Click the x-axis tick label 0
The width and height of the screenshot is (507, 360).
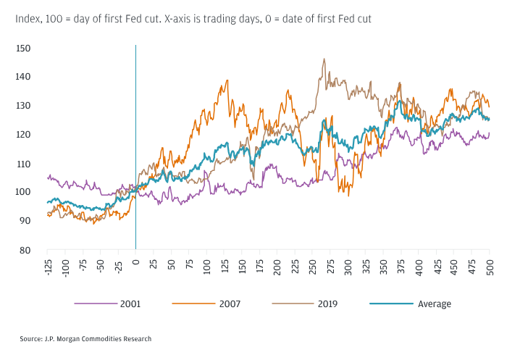pyautogui.click(x=135, y=258)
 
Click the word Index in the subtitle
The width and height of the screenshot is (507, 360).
pyautogui.click(x=28, y=18)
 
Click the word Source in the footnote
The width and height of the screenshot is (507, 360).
pyautogui.click(x=30, y=338)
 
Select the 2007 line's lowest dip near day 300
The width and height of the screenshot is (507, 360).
pyautogui.click(x=349, y=196)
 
